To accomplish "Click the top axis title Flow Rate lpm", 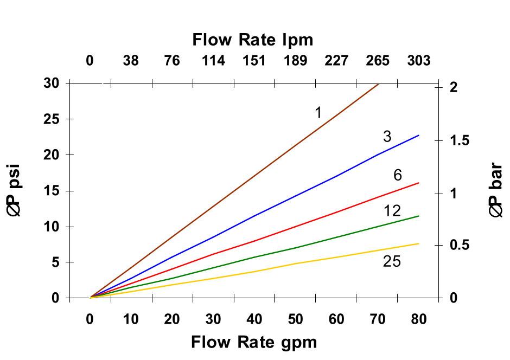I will pyautogui.click(x=252, y=40).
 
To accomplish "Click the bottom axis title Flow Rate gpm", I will pyautogui.click(x=253, y=342).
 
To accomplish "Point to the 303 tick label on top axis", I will pyautogui.click(x=418, y=61).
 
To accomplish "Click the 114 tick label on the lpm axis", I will pyautogui.click(x=213, y=61).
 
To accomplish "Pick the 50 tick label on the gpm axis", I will pyautogui.click(x=295, y=319).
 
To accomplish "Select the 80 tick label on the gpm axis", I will pyautogui.click(x=418, y=319).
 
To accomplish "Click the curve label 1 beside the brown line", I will pyautogui.click(x=318, y=113).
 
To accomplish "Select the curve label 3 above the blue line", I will pyautogui.click(x=387, y=137).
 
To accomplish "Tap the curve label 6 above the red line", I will pyautogui.click(x=398, y=175).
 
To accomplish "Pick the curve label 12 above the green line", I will pyautogui.click(x=392, y=210).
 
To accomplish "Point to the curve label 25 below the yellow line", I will pyautogui.click(x=392, y=262).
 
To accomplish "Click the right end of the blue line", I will pyautogui.click(x=418, y=135).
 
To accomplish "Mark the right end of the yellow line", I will pyautogui.click(x=418, y=243).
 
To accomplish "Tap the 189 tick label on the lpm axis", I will pyautogui.click(x=295, y=61).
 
